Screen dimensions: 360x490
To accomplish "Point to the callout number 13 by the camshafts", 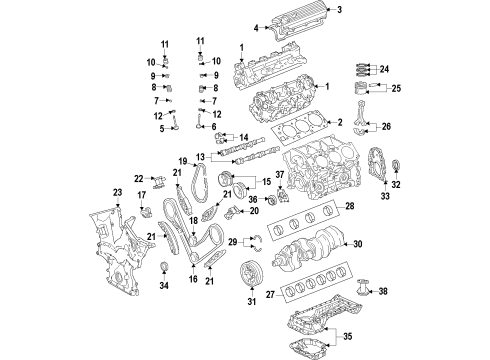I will pyautogui.click(x=200, y=157).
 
